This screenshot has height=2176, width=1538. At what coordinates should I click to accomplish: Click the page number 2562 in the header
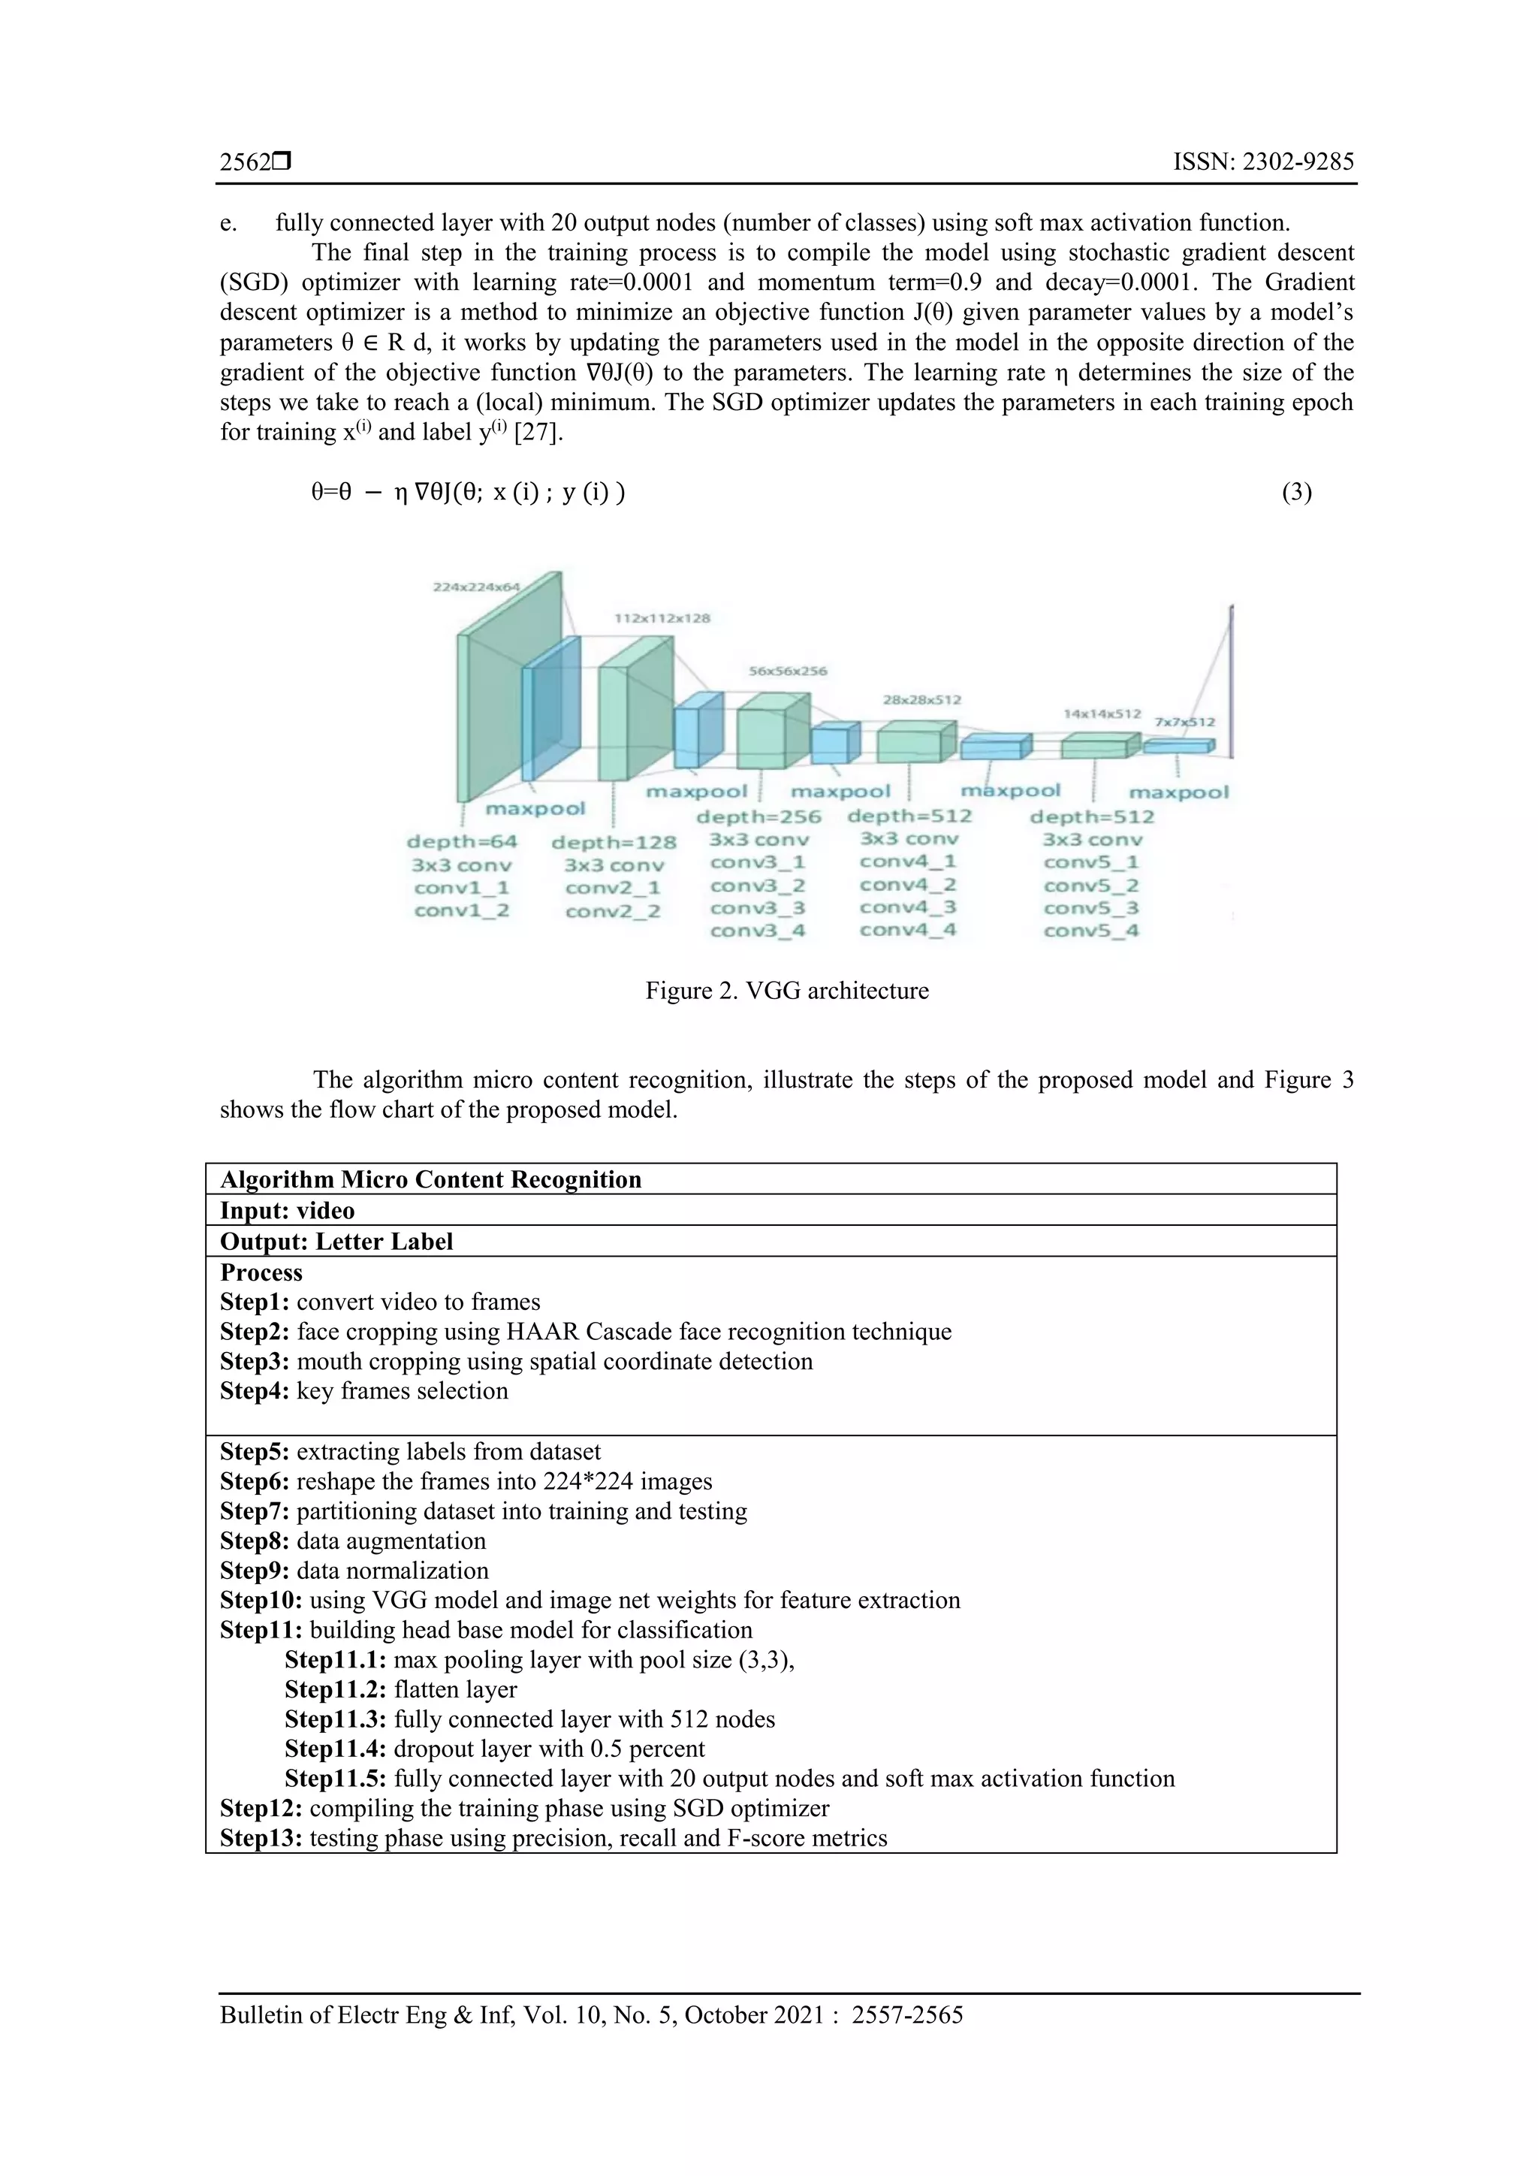click(x=245, y=162)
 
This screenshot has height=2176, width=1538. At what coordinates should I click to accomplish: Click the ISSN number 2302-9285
click(x=1263, y=162)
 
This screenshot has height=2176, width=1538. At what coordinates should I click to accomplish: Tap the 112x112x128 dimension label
click(x=662, y=618)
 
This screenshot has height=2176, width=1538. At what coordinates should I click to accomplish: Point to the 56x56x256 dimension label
click(x=788, y=671)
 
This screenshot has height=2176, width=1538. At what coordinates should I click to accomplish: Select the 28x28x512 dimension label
click(x=922, y=699)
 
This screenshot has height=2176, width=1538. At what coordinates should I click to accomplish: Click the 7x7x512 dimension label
click(x=1184, y=721)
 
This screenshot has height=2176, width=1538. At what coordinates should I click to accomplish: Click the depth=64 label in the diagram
click(x=463, y=841)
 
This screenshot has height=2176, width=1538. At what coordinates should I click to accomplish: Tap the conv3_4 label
click(x=757, y=931)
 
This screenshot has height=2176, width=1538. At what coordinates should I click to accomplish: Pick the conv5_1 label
click(x=1090, y=862)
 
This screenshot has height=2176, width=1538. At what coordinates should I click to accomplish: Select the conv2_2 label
click(x=612, y=912)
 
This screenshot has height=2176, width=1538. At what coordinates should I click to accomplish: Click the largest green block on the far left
click(x=493, y=702)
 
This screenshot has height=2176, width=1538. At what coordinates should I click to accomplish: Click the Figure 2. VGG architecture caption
click(x=786, y=991)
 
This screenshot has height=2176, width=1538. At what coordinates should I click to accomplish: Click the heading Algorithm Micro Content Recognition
click(x=430, y=1179)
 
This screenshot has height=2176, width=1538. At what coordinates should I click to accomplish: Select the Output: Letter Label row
click(x=336, y=1242)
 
